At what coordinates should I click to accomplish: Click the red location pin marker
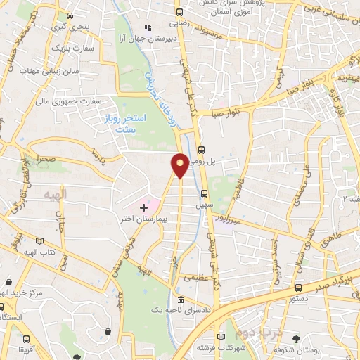click(180, 165)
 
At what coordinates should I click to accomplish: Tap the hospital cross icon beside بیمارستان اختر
click(144, 207)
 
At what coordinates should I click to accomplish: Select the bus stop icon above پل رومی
click(201, 149)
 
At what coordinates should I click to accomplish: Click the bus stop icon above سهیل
click(205, 193)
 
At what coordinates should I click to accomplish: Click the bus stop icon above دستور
click(300, 288)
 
